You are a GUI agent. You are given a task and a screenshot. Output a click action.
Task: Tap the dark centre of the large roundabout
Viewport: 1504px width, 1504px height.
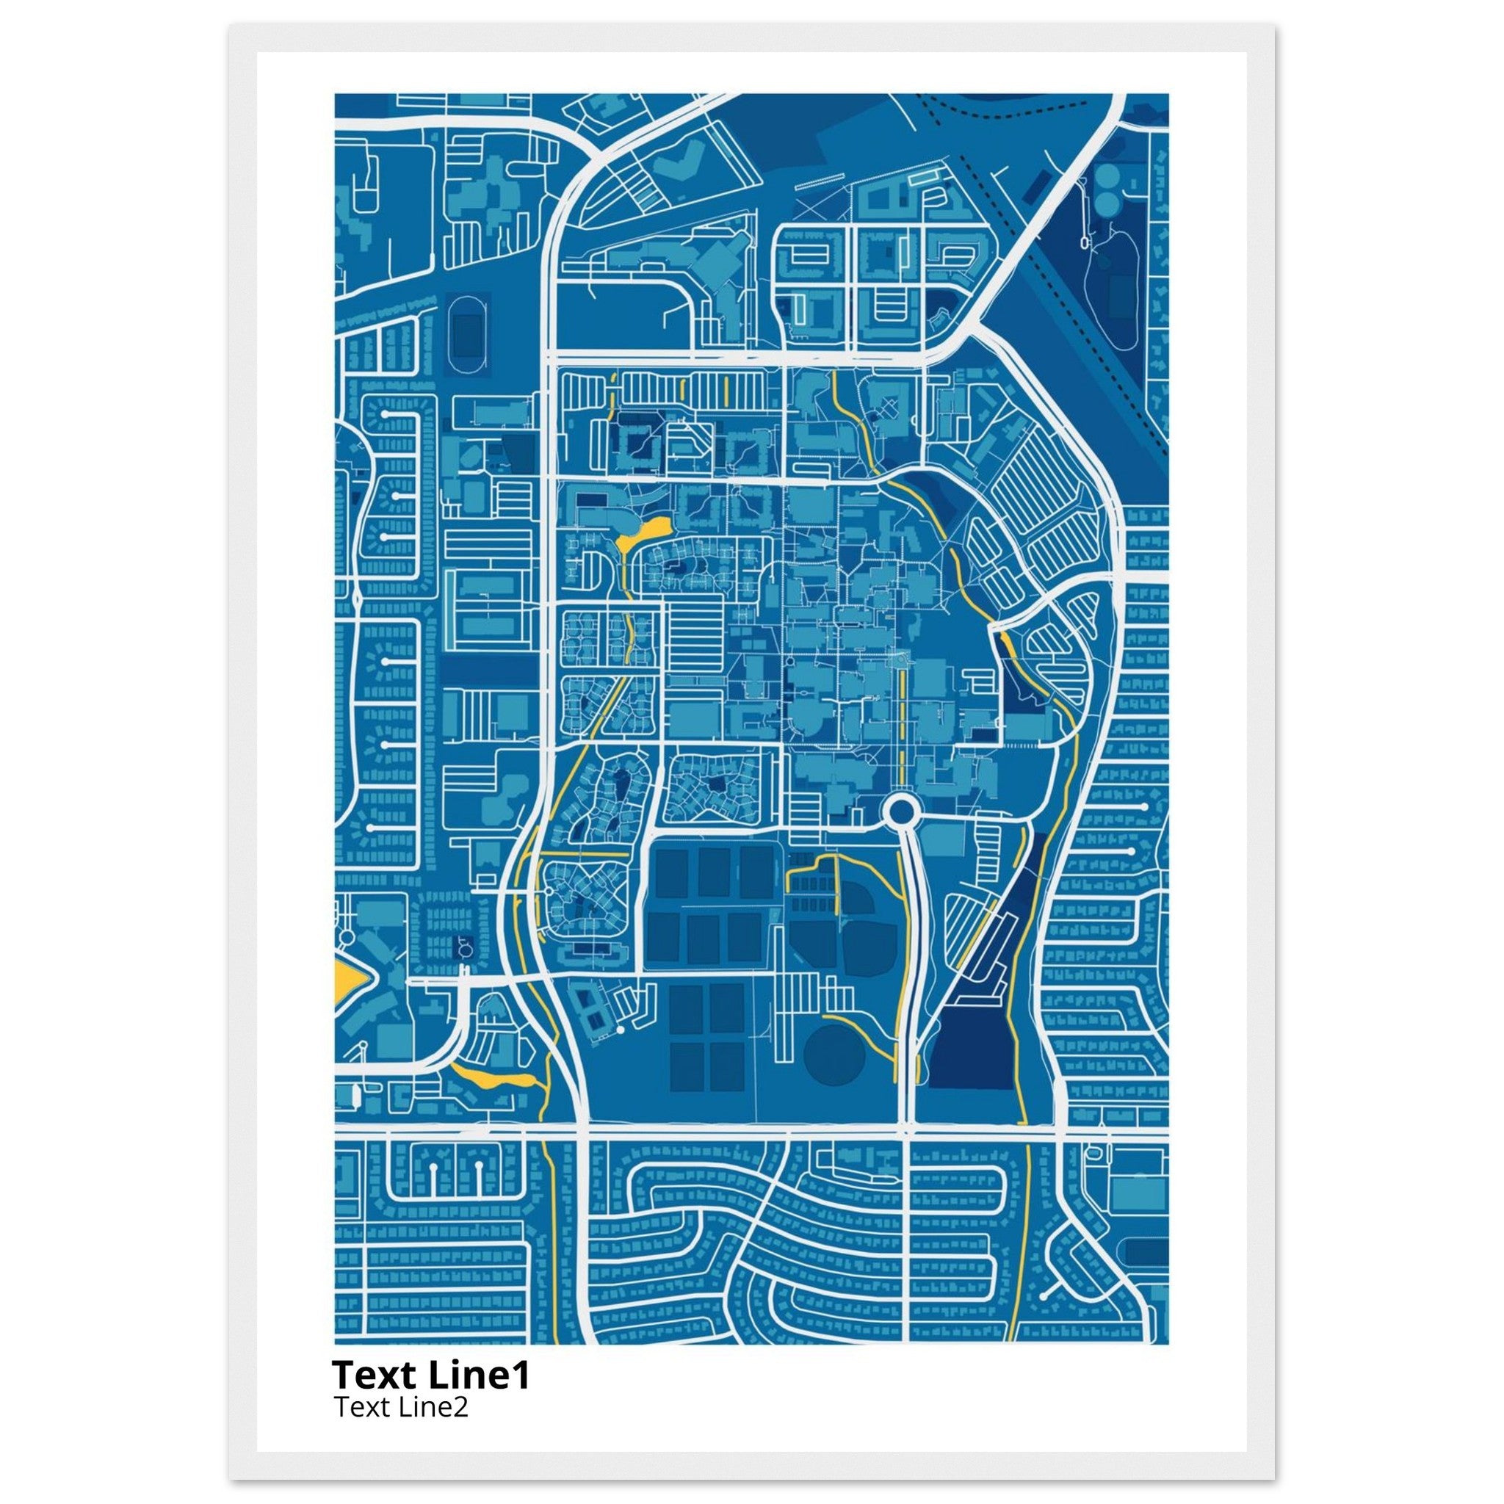coord(900,813)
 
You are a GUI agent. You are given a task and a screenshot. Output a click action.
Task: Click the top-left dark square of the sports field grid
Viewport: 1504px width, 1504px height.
coord(671,872)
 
